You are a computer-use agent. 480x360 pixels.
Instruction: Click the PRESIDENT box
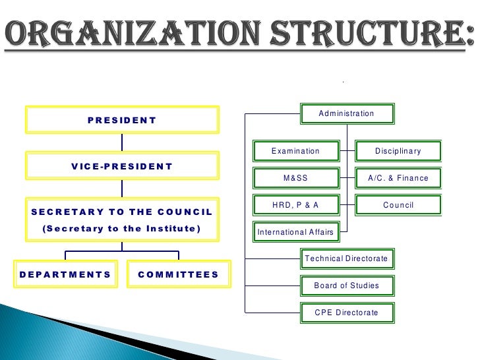122,120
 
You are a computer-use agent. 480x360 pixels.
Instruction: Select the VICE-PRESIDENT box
122,166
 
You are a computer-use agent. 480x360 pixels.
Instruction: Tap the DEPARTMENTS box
65,274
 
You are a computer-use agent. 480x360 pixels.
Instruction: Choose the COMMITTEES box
178,274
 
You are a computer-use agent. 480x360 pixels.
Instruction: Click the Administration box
347,113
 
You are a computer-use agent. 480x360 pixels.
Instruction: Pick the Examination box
295,152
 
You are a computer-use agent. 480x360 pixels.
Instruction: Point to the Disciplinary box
398,152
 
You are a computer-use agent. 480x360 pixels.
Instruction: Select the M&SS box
295,178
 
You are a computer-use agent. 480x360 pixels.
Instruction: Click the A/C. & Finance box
398,178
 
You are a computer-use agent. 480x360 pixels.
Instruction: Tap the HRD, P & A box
295,205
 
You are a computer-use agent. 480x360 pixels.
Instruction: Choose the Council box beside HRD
398,205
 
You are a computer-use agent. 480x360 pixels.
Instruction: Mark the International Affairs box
295,232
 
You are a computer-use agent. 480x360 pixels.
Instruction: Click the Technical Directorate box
347,258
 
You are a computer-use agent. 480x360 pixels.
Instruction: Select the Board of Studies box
347,285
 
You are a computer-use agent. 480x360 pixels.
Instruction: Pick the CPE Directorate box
347,313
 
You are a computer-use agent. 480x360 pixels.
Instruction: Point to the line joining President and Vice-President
122,142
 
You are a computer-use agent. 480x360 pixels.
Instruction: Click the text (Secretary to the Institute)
122,229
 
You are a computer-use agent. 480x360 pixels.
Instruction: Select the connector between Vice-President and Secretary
122,189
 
